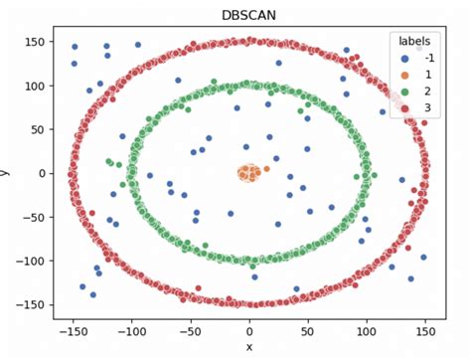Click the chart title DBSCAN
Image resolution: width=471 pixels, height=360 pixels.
[x=249, y=14]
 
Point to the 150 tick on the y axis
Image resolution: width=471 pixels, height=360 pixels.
[x=33, y=42]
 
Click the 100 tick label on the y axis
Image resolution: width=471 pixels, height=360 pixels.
[x=33, y=86]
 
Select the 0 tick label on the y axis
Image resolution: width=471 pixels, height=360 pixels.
[x=40, y=173]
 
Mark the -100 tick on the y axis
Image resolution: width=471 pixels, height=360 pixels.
[x=29, y=261]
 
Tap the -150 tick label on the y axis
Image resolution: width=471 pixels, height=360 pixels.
[x=29, y=304]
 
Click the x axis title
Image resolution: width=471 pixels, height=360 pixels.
[x=249, y=347]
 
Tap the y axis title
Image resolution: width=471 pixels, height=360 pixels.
[x=8, y=173]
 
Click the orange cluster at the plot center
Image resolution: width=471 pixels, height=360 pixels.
[x=249, y=173]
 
